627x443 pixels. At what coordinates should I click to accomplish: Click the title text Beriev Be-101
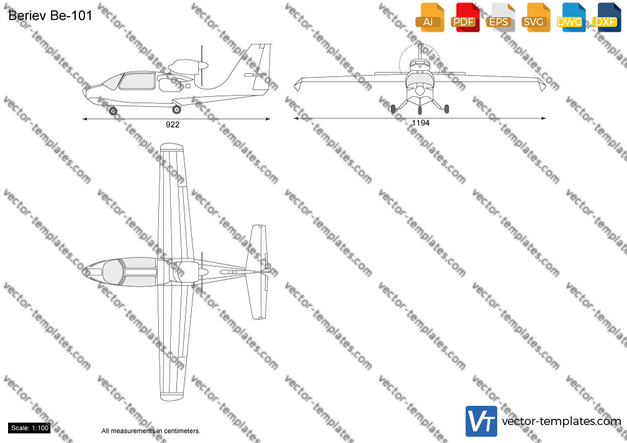[50, 16]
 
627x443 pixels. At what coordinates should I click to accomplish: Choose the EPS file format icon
[500, 17]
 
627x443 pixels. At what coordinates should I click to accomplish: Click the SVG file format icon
[535, 17]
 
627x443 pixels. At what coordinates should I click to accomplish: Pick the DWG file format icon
[571, 17]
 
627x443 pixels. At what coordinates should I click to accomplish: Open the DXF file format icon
[607, 17]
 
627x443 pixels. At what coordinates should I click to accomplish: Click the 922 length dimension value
[173, 125]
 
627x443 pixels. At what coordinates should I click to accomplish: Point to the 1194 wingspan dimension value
[421, 123]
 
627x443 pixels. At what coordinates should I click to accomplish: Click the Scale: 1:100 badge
[30, 428]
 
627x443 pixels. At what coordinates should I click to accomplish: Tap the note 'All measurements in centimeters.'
[151, 431]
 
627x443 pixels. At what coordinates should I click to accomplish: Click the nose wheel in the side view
[113, 110]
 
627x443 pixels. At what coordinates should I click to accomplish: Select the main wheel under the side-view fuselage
[176, 109]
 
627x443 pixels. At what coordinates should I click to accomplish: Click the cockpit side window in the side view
[137, 81]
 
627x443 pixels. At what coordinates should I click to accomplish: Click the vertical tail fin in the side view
[256, 66]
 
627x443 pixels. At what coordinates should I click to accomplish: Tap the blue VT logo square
[482, 421]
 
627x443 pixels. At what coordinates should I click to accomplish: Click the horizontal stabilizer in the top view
[256, 272]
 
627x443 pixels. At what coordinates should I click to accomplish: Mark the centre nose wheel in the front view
[420, 110]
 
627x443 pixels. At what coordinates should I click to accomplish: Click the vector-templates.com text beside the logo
[561, 421]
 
